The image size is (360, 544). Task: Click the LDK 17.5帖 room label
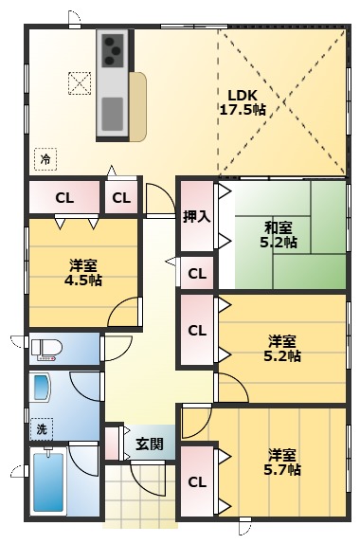coord(243,102)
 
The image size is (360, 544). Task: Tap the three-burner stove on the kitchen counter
coord(113,51)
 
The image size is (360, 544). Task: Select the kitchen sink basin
coord(113,114)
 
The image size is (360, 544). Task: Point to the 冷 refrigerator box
coord(45,159)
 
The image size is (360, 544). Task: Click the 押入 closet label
coord(197,217)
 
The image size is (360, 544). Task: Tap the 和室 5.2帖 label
coord(279,235)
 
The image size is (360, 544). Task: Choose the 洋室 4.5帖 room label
coord(83,273)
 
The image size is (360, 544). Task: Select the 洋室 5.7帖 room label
coord(282,462)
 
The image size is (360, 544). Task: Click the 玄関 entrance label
coord(150,444)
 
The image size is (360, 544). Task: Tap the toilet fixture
coord(46,349)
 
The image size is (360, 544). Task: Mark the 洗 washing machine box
coord(42,429)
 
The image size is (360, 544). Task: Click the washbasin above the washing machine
coord(42,388)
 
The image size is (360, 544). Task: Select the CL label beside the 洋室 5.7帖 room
coord(197,481)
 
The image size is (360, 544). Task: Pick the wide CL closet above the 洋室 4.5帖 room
coord(64,198)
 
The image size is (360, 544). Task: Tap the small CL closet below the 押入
coord(197,273)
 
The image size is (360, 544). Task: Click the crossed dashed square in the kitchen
coord(80,83)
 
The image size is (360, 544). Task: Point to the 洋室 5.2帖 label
coord(282,349)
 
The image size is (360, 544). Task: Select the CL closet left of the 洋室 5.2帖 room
coord(197,330)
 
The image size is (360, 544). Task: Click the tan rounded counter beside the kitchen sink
coord(138,107)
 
